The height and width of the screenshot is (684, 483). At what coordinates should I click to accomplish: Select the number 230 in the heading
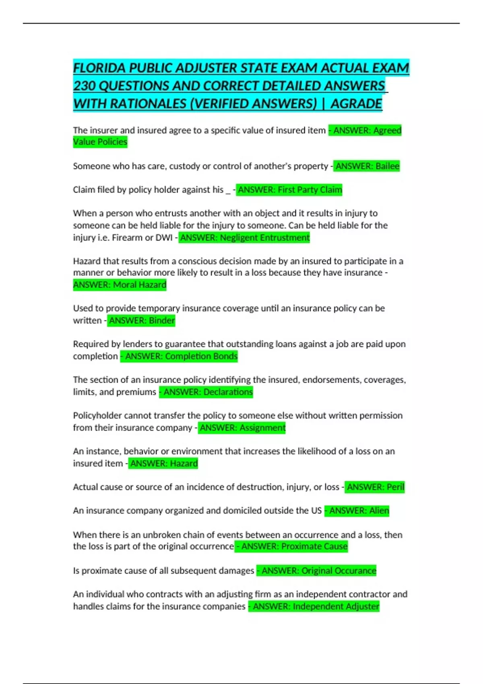84,86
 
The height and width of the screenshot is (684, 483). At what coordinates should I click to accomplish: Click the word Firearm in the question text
127,237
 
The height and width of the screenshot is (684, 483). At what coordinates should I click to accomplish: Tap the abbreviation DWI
164,237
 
